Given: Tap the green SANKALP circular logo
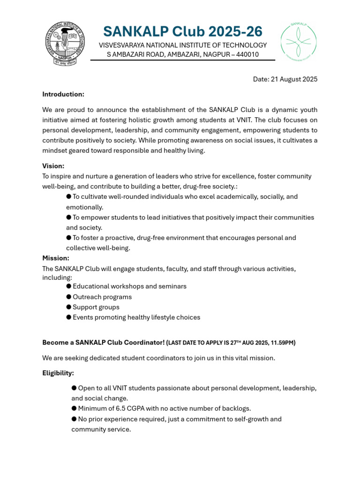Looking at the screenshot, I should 299,42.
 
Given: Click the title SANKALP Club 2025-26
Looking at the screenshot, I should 183,31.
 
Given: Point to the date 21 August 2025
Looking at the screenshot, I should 285,79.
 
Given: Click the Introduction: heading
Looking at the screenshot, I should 63,94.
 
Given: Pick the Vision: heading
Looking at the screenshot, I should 53,166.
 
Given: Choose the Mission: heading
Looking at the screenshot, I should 56,258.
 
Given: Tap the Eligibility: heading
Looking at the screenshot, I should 58,373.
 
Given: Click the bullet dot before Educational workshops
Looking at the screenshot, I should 69,286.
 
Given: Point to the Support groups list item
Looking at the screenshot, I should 96,307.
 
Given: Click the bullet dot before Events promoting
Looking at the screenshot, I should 69,317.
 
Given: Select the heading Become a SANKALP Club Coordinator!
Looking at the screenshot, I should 103,343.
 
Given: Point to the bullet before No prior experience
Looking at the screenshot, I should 74,419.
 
